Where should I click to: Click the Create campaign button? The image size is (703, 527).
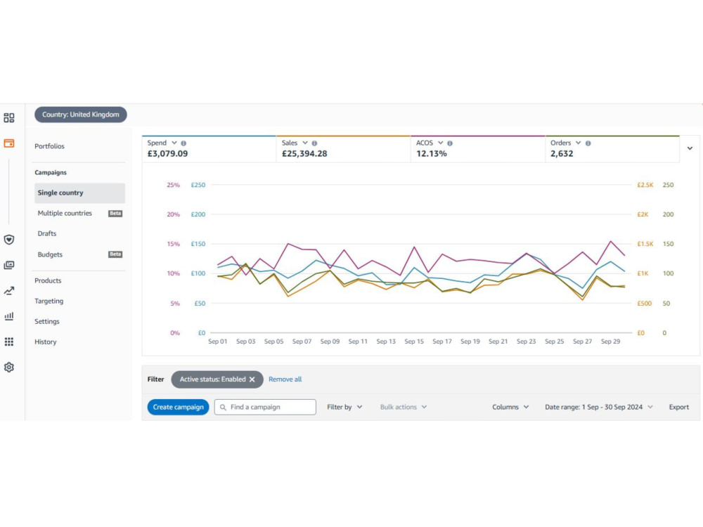178,407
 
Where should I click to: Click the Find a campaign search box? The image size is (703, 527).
265,407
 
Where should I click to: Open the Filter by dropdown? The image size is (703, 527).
344,407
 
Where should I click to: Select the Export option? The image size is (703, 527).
679,407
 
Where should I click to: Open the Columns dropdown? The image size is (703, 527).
510,407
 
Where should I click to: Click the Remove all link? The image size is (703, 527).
285,379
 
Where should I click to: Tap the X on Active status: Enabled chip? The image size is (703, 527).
252,379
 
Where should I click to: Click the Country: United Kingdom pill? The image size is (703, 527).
81,115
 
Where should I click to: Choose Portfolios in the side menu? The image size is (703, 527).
49,146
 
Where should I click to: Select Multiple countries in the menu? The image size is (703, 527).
65,214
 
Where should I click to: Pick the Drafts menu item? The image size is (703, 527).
47,233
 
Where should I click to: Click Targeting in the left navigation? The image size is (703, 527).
49,301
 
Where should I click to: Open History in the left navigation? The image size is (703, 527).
45,341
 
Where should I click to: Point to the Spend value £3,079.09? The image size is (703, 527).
168,154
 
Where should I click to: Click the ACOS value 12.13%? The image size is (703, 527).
432,154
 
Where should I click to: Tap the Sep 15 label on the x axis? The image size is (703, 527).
414,341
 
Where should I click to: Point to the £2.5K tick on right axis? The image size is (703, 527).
645,185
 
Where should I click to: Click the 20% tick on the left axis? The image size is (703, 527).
174,214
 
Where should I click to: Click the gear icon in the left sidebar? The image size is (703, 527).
9,367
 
